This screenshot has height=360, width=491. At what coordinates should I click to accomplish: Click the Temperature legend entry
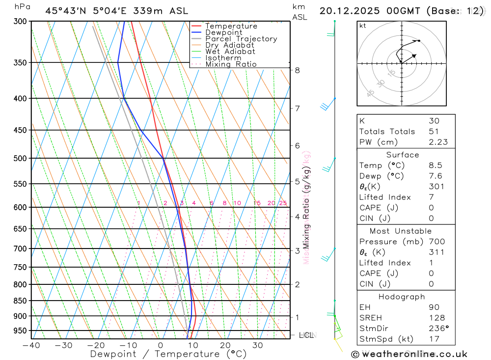click(231, 26)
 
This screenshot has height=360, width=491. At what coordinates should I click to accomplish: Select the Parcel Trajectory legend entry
click(241, 39)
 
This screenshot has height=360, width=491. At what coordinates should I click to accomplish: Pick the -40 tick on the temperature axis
click(31, 345)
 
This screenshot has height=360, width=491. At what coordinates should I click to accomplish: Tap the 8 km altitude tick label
click(297, 70)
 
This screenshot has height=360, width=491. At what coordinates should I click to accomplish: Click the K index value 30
click(434, 121)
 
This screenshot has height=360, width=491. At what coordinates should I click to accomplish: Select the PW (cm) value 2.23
click(438, 142)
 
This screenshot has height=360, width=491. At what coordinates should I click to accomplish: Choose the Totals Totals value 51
click(434, 132)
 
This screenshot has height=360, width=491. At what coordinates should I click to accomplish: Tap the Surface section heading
click(403, 155)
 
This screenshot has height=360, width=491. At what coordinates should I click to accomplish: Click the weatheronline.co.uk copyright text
click(409, 354)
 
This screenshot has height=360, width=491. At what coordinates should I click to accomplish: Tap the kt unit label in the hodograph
click(363, 26)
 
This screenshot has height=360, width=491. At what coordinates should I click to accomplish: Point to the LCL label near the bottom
click(306, 335)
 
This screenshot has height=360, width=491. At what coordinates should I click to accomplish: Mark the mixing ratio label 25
click(283, 203)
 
